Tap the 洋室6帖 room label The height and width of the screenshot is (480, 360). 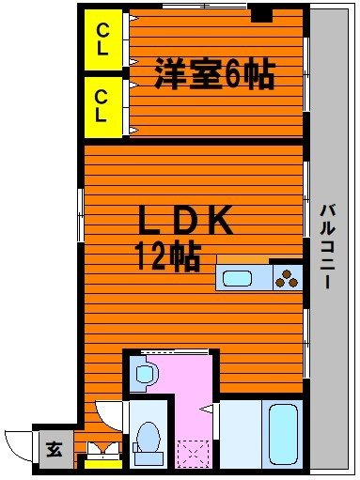point(214,74)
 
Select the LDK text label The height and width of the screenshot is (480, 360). point(185,222)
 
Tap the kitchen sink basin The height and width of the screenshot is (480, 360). point(236,278)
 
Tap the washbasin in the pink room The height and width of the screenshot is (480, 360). point(144,374)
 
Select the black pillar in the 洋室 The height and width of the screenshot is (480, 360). point(262,15)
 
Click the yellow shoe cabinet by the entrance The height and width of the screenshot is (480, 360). point(102,461)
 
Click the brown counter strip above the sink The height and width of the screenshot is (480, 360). point(244,259)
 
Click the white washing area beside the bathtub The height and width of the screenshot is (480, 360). point(239,433)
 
